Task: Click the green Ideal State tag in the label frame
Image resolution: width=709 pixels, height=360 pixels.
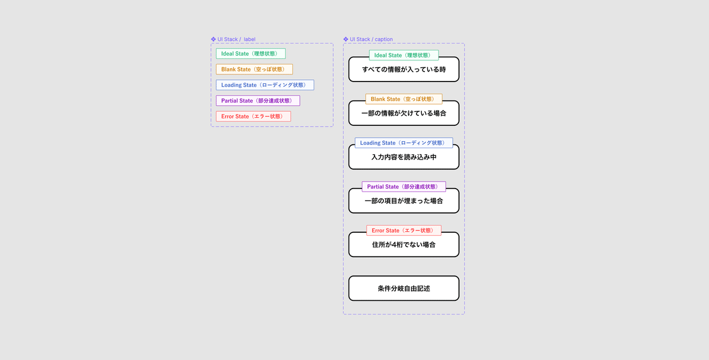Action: (x=251, y=54)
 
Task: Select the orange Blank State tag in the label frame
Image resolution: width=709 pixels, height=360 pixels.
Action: (x=254, y=69)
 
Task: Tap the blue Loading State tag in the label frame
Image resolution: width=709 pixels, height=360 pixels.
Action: (x=265, y=85)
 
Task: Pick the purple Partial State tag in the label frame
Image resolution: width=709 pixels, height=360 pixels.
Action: (x=258, y=100)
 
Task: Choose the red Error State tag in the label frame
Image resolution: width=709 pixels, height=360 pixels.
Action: (x=253, y=116)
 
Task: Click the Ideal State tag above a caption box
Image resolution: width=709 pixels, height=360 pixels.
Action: (x=404, y=55)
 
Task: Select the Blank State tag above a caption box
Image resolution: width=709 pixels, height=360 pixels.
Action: (x=404, y=99)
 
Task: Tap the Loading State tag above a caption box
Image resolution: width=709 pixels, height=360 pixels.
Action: (x=404, y=143)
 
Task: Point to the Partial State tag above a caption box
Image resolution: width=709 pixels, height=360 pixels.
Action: (x=404, y=187)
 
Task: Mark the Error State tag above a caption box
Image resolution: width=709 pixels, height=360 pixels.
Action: (x=404, y=231)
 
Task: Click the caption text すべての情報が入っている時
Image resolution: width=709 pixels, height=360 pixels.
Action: (x=404, y=70)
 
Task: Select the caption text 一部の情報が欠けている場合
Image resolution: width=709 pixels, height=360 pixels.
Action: (x=404, y=113)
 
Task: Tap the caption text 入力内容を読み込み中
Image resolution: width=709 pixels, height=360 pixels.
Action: (x=404, y=157)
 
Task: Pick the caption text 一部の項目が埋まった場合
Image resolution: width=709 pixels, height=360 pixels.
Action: (x=404, y=201)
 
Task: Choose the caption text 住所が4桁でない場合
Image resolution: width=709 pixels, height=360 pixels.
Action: (x=404, y=245)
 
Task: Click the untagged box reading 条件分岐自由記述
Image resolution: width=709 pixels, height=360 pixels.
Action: (x=404, y=288)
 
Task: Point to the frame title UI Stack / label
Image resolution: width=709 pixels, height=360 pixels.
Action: (x=236, y=39)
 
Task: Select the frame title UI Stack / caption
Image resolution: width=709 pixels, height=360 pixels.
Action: (x=371, y=39)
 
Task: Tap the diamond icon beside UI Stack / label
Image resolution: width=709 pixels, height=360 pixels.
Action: (x=213, y=39)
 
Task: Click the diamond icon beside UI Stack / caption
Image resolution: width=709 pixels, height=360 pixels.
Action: (x=346, y=39)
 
